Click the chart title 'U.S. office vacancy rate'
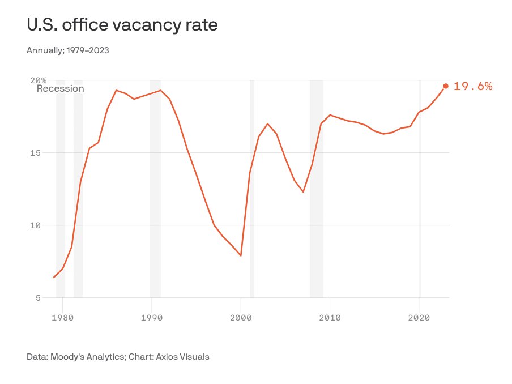pyautogui.click(x=122, y=25)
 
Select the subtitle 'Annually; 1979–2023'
pyautogui.click(x=67, y=50)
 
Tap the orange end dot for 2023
pyautogui.click(x=446, y=86)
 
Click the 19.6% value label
pyautogui.click(x=473, y=87)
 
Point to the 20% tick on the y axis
pyautogui.click(x=39, y=80)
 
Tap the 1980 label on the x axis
pyautogui.click(x=63, y=318)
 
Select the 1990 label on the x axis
pyautogui.click(x=152, y=318)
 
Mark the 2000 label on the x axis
pyautogui.click(x=241, y=318)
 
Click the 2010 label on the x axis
pyautogui.click(x=330, y=318)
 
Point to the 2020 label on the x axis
pyautogui.click(x=419, y=318)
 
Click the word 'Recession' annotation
pyautogui.click(x=60, y=89)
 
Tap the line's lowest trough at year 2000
pyautogui.click(x=241, y=255)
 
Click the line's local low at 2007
pyautogui.click(x=303, y=191)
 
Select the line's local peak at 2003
pyautogui.click(x=267, y=123)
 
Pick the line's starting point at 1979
pyautogui.click(x=54, y=277)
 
